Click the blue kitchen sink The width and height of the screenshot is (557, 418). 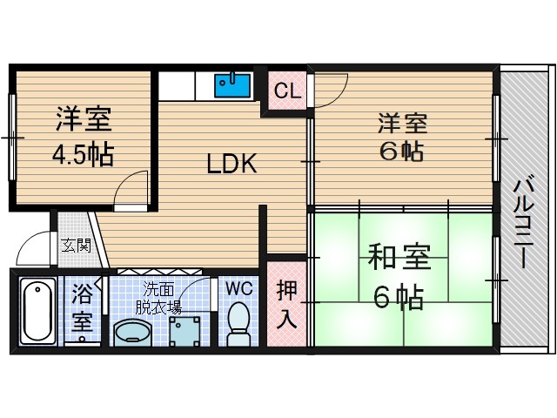coord(233,86)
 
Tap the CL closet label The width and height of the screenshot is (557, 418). coord(284,91)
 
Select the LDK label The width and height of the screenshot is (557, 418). coord(231,164)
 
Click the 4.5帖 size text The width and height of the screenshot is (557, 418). coord(83,156)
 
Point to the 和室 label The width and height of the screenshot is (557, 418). coord(399,260)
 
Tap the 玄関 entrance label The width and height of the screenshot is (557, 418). coord(76,246)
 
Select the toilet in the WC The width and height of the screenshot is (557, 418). coord(238,323)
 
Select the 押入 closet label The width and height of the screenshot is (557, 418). coord(286,304)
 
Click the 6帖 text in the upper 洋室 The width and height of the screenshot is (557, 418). coord(400,151)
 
